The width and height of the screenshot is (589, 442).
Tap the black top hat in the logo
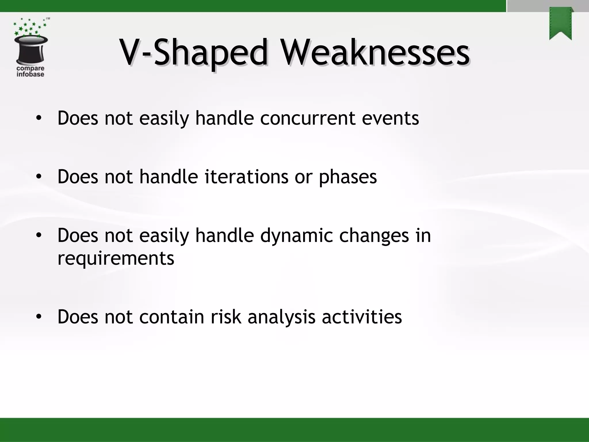31,50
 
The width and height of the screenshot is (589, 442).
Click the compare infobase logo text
30,71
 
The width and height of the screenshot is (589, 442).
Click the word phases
347,177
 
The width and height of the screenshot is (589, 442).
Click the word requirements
116,258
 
